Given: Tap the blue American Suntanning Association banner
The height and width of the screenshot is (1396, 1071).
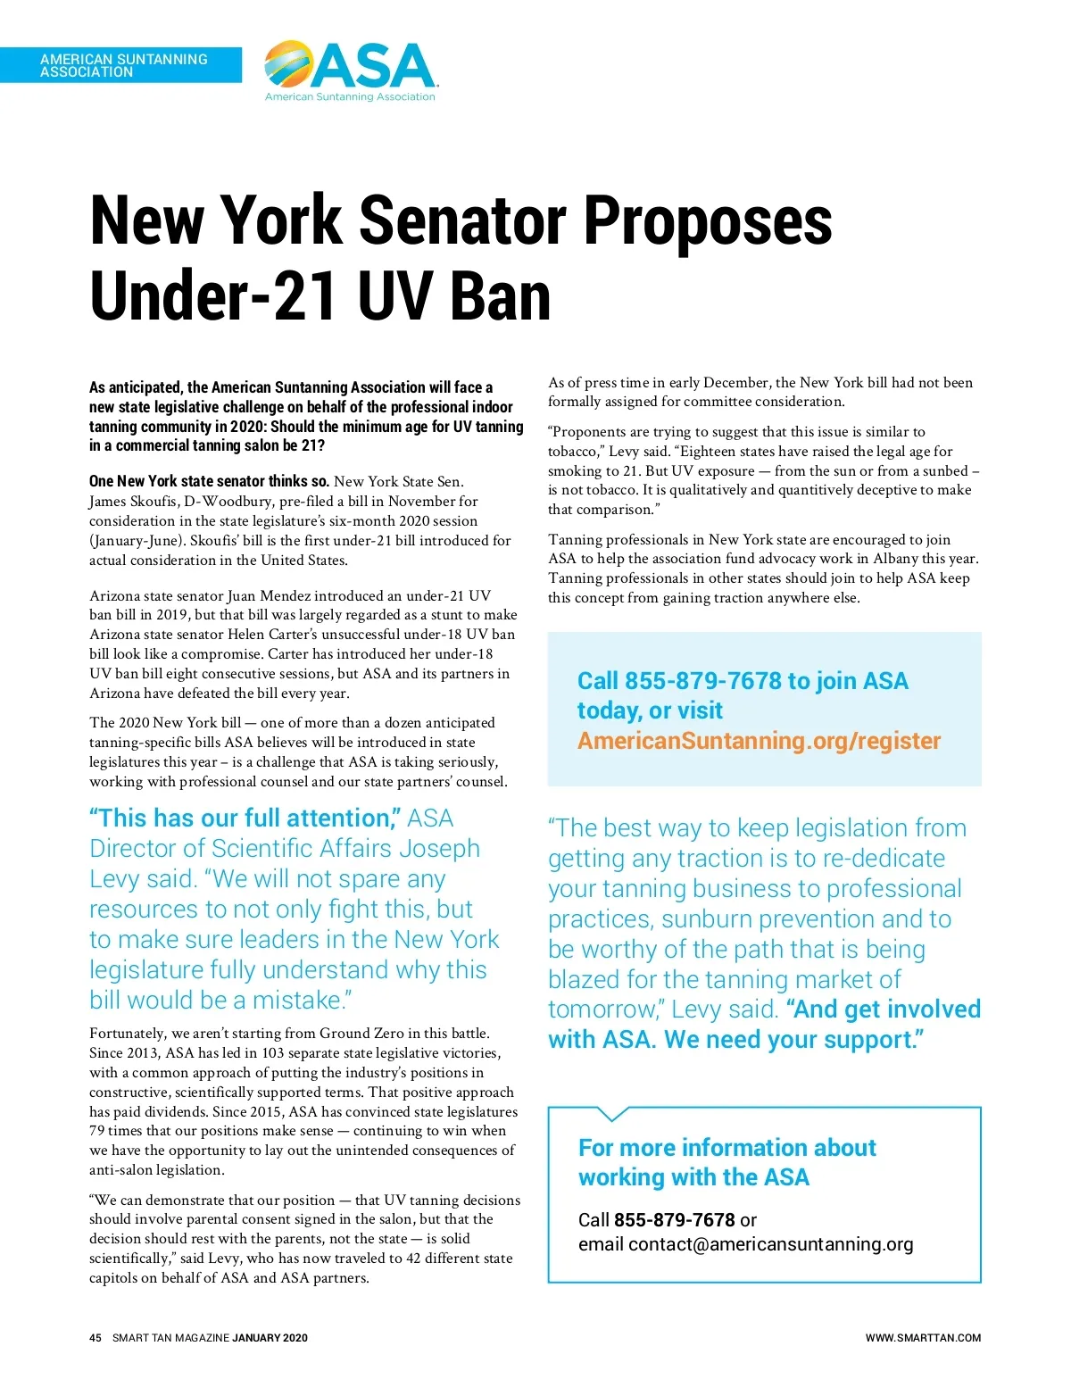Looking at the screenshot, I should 121,65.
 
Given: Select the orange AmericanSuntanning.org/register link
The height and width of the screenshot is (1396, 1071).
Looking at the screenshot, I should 759,741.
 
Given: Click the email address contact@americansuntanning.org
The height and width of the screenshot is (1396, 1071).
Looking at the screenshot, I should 770,1244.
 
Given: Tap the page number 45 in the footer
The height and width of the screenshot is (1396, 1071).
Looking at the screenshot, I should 95,1338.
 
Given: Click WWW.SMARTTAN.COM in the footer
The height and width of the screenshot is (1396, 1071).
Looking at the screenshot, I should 923,1338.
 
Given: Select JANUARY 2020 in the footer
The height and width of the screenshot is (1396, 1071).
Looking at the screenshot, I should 270,1338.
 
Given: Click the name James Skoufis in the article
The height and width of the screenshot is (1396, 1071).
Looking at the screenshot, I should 134,502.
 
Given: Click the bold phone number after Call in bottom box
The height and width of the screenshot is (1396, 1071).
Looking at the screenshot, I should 674,1220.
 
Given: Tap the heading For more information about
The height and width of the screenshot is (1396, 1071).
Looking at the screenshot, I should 726,1148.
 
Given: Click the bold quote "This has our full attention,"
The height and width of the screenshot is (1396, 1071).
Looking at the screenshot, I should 245,818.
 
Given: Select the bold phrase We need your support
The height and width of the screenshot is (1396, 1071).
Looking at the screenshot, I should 794,1041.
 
